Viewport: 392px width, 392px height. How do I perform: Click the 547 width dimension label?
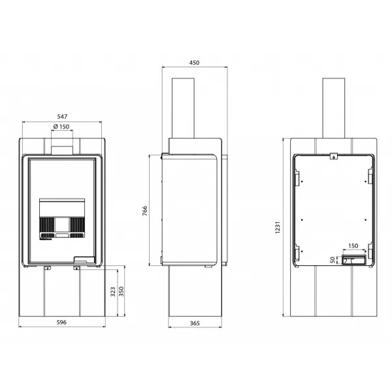pos(62,116)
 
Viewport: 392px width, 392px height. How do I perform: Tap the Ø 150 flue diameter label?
pos(61,127)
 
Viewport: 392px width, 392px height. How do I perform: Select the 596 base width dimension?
pos(61,322)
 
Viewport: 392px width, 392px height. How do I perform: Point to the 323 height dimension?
pos(113,292)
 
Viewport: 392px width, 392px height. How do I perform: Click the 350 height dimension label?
pos(122,291)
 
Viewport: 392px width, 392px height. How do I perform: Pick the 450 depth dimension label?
pos(194,63)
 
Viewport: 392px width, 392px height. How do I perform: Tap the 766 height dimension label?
pos(145,211)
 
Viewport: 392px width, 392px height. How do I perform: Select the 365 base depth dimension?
pos(195,323)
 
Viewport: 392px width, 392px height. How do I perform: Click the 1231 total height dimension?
pos(278,227)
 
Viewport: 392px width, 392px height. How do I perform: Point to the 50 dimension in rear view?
pos(333,260)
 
